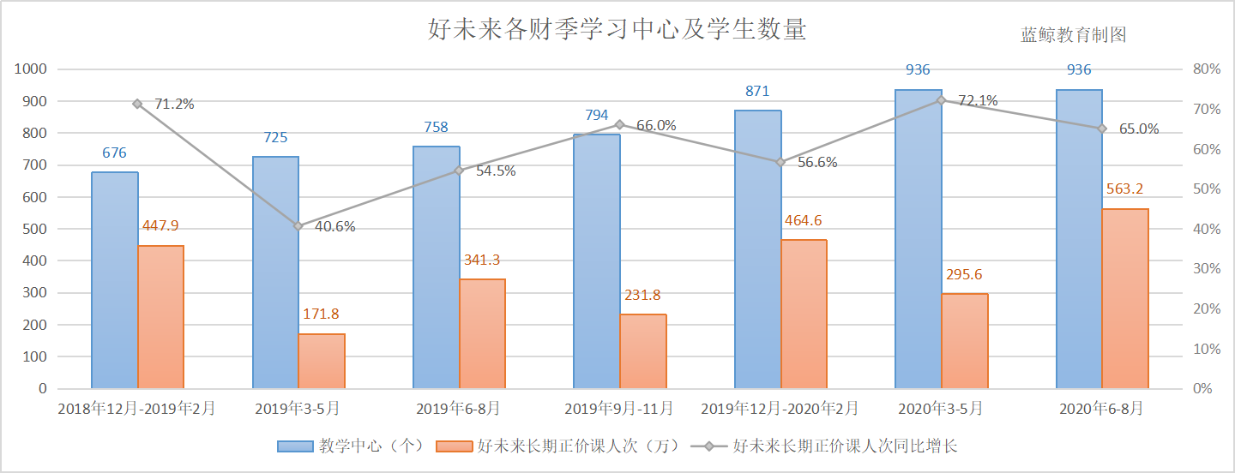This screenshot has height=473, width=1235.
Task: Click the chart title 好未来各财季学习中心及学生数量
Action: click(x=617, y=30)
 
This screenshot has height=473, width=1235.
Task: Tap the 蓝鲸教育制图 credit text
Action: click(x=1073, y=35)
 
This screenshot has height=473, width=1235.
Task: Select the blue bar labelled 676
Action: click(x=115, y=280)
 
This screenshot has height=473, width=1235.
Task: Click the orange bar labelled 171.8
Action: click(x=322, y=361)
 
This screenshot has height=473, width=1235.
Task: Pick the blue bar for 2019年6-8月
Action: click(x=436, y=267)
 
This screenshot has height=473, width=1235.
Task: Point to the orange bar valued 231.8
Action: click(x=643, y=351)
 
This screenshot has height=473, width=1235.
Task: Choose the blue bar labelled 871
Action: click(x=757, y=249)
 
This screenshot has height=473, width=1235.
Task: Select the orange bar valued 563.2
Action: click(x=1124, y=298)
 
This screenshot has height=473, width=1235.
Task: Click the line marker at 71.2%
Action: click(x=137, y=104)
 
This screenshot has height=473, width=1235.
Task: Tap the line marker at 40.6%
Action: click(x=298, y=226)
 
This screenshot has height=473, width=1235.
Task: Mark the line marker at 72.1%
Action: click(x=941, y=100)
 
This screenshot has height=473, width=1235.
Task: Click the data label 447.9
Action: click(x=160, y=226)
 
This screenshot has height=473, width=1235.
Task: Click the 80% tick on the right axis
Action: click(x=1206, y=69)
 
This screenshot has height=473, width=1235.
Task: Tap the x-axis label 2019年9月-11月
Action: click(x=619, y=409)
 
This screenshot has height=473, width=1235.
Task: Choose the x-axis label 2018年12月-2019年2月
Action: click(x=136, y=409)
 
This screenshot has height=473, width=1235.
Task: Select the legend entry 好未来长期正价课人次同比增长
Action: click(x=849, y=446)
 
